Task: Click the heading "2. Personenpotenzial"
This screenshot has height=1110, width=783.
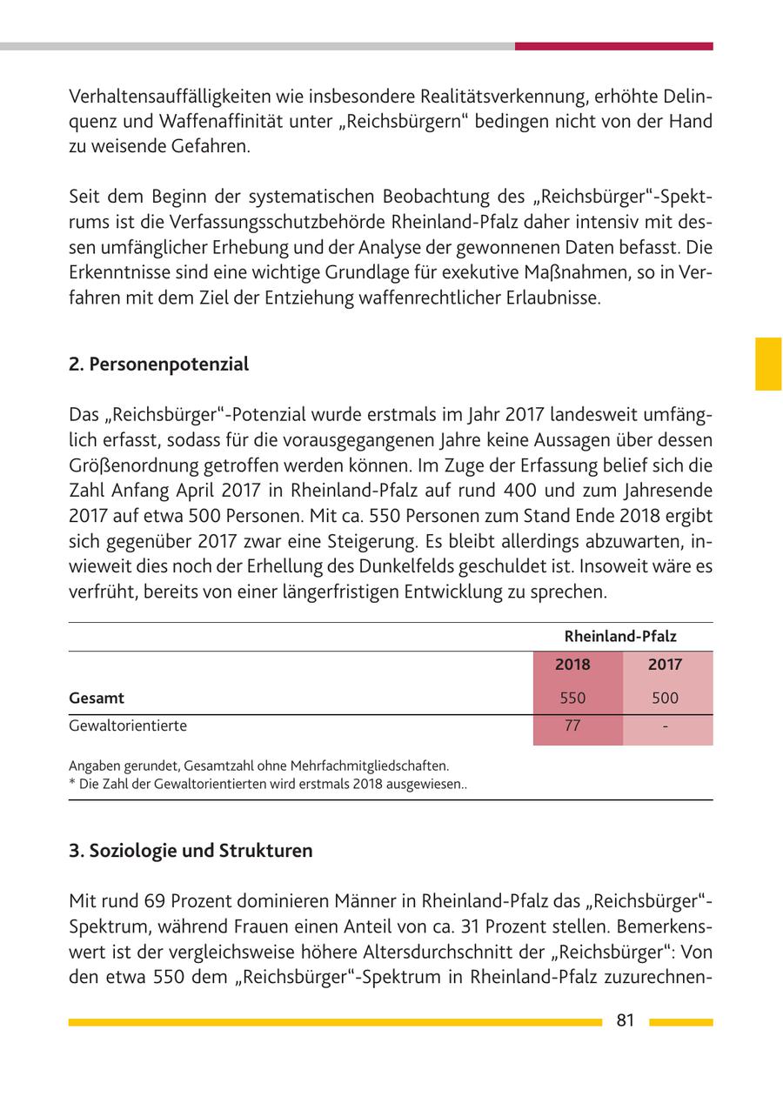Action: tap(158, 364)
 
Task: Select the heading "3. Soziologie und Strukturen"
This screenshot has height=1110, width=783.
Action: tap(191, 851)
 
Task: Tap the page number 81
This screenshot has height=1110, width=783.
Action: tap(625, 1021)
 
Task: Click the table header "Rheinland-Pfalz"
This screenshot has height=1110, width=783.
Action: tap(620, 637)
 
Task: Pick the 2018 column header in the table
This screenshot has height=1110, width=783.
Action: tap(572, 665)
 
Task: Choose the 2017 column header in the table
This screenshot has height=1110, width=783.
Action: tap(665, 665)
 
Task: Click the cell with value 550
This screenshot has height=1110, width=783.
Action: tap(572, 698)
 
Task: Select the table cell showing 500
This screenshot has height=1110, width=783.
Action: tap(665, 698)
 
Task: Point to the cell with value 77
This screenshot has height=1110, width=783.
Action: tap(572, 726)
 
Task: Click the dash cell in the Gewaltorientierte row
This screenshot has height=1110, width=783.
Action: tap(665, 726)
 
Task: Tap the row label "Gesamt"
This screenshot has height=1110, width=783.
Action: tap(97, 698)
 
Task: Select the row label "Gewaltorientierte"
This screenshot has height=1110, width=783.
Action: tap(128, 726)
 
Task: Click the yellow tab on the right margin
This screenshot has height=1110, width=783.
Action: tap(767, 364)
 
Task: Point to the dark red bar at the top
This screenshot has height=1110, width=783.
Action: tap(613, 46)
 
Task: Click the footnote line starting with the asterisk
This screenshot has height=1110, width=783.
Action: tap(268, 784)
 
